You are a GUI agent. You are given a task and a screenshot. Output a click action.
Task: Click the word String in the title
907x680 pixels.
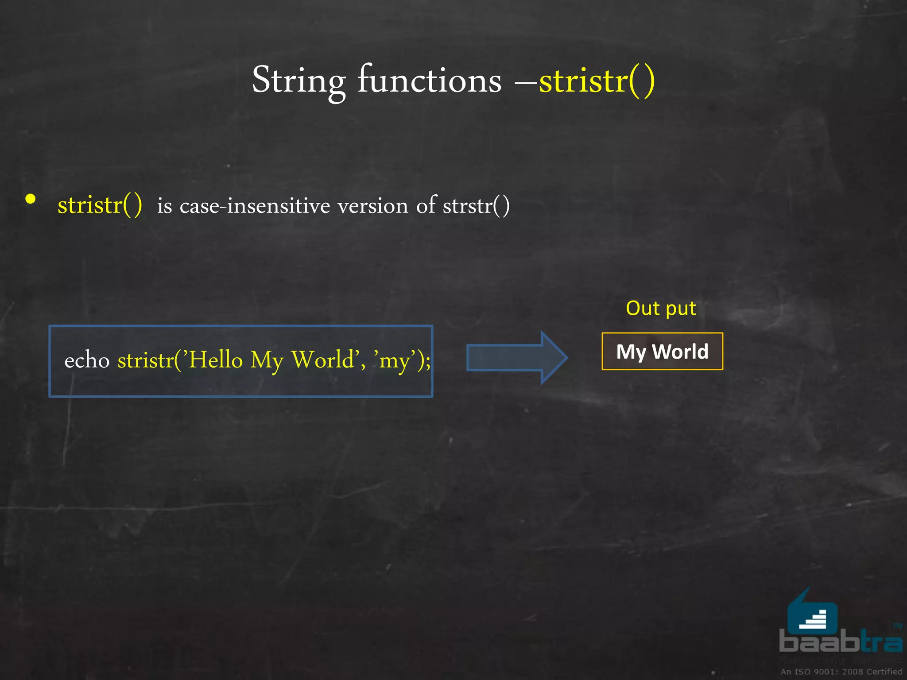(298, 81)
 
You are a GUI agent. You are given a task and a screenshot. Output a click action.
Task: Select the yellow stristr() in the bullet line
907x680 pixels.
(100, 205)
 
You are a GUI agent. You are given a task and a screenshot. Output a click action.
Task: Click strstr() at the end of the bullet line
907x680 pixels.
(476, 206)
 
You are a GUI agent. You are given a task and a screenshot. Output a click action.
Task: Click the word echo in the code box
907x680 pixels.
(87, 360)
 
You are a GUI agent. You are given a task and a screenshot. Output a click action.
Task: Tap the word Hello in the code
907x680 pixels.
(216, 359)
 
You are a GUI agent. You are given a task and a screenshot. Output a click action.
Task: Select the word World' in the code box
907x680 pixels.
(325, 359)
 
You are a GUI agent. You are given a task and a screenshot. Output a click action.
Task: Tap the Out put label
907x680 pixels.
(661, 308)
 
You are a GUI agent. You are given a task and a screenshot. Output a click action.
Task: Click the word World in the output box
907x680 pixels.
(680, 352)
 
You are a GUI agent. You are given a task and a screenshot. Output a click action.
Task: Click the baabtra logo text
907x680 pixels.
(840, 641)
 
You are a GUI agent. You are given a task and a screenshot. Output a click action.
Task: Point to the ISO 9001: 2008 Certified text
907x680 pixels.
(841, 672)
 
